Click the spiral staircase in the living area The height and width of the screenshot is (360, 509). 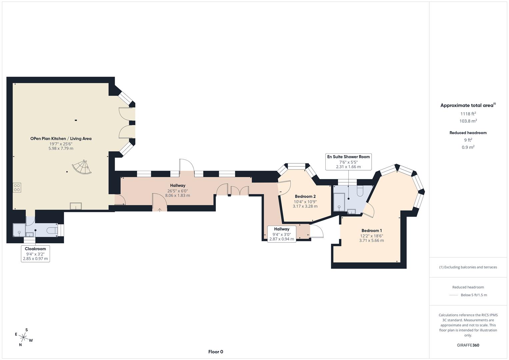pyautogui.click(x=82, y=167)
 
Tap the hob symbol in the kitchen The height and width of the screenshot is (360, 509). pyautogui.click(x=17, y=187)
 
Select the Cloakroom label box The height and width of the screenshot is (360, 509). pyautogui.click(x=35, y=254)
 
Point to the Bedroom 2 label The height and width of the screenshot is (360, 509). pyautogui.click(x=305, y=197)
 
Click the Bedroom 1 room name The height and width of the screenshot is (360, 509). pyautogui.click(x=372, y=231)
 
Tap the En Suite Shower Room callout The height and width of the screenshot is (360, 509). pyautogui.click(x=348, y=161)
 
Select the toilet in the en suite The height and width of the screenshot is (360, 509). pyautogui.click(x=360, y=191)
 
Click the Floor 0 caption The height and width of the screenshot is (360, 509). pyautogui.click(x=216, y=352)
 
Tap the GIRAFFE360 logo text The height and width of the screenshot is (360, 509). pyautogui.click(x=468, y=345)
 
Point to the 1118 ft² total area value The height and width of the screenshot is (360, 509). pyautogui.click(x=468, y=114)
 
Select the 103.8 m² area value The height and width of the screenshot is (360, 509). pyautogui.click(x=468, y=121)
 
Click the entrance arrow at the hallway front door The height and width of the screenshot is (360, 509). pyautogui.click(x=160, y=210)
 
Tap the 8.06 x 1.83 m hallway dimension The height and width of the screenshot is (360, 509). pyautogui.click(x=178, y=196)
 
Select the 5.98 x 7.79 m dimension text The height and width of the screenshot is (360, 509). pyautogui.click(x=61, y=149)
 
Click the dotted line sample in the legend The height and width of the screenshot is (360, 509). pyautogui.click(x=454, y=295)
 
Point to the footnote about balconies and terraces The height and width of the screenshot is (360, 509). pyautogui.click(x=468, y=267)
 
